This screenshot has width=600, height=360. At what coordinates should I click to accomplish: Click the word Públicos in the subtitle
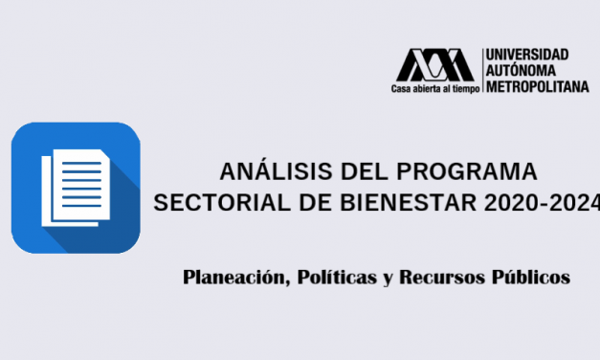tap(531, 279)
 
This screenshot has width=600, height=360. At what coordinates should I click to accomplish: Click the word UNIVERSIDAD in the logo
tap(526, 55)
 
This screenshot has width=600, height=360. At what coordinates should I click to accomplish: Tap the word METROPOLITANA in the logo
tap(536, 86)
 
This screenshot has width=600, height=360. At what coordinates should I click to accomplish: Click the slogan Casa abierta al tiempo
tap(433, 88)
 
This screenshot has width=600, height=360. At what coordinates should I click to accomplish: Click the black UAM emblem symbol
tap(435, 64)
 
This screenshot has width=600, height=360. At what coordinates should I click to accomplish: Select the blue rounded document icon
tap(76, 186)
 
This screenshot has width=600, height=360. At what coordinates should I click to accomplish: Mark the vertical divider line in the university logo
tap(481, 70)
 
